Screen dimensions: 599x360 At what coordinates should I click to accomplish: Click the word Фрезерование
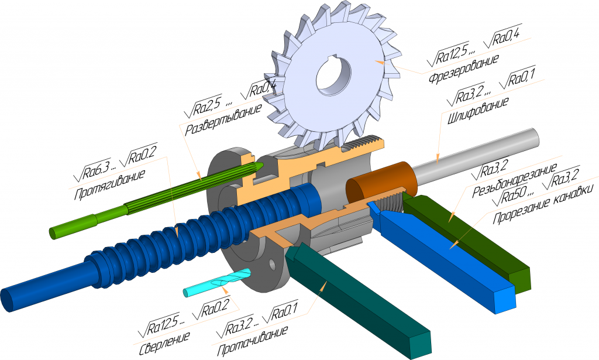tap(463, 69)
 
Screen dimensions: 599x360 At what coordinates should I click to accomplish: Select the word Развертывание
tap(223, 119)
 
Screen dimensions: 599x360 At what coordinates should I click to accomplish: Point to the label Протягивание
tap(109, 185)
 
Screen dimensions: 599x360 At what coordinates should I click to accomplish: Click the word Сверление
tap(164, 342)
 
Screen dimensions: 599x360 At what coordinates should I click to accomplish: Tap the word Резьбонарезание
tap(515, 180)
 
